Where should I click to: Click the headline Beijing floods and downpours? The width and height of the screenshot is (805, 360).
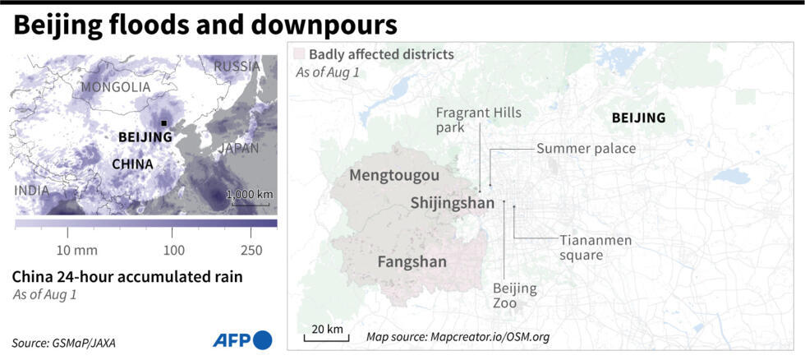click(x=205, y=25)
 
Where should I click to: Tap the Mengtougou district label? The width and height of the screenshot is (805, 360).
click(x=394, y=175)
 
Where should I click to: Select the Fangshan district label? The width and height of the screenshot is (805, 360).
click(x=412, y=262)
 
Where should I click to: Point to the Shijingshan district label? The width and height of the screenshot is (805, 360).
click(x=452, y=202)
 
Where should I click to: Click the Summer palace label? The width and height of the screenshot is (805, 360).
click(x=586, y=149)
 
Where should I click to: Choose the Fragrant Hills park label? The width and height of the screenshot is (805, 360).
click(x=478, y=120)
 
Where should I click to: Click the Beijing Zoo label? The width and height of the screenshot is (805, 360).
click(x=514, y=296)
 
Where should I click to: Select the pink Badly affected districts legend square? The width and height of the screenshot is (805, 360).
click(x=299, y=54)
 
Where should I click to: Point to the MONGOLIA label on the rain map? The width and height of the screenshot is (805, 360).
click(x=116, y=86)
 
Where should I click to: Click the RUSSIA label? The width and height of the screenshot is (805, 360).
click(x=237, y=67)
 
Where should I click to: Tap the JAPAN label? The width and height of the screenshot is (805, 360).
click(x=238, y=149)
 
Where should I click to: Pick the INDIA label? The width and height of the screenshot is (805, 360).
click(x=30, y=191)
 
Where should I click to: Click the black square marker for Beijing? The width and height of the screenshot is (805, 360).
click(x=165, y=123)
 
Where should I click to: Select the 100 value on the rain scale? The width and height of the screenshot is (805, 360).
click(x=173, y=249)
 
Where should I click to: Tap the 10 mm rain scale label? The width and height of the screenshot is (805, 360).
click(x=76, y=249)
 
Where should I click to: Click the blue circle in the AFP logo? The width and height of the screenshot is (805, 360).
click(x=263, y=339)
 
